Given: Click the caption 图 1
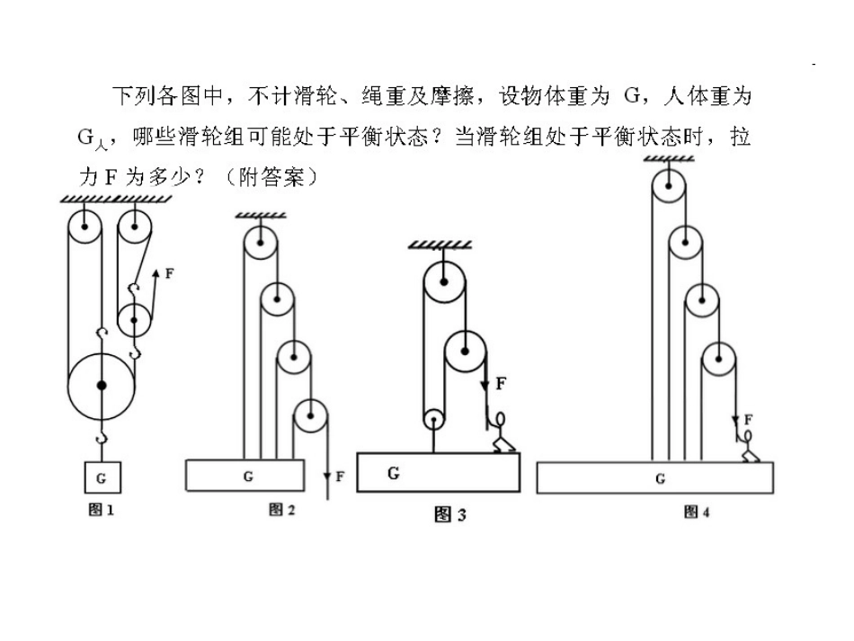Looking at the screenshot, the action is tap(101, 510).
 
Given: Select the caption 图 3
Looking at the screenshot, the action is tap(449, 514).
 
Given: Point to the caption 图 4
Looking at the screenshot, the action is tap(697, 512).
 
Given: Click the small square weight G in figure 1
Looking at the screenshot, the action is tap(102, 477).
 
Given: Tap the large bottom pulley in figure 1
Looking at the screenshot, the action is tap(102, 386).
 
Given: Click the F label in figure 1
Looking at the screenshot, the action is tap(169, 273).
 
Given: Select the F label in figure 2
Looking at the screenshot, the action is tap(340, 476).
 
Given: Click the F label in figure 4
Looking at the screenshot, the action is tap(748, 419).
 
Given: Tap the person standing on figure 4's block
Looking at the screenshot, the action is tap(747, 446).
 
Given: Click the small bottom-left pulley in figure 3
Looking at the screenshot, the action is tap(434, 420).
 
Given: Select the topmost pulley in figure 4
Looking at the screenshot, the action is tap(669, 186).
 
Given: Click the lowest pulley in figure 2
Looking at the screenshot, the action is tap(310, 416).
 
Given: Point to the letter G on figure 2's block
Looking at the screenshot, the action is tap(248, 476).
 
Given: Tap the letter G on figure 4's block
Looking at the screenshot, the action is tap(660, 478).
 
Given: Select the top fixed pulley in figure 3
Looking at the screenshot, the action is tap(444, 281).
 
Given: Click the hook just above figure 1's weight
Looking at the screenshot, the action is tap(102, 437).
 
